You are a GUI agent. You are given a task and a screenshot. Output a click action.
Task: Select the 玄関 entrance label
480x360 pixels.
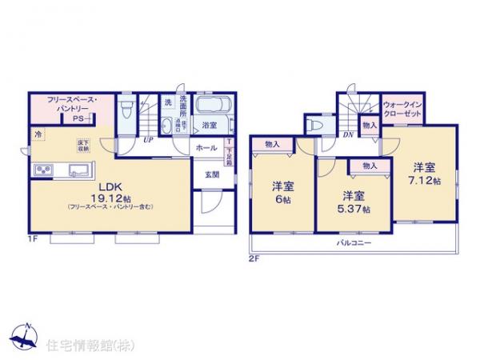point(211,175)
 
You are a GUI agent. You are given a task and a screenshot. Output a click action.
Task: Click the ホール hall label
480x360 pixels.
point(205,148)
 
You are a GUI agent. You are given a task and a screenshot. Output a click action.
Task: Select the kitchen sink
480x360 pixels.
point(81,170)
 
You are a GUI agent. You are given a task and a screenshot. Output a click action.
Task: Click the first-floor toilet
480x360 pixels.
point(126,108)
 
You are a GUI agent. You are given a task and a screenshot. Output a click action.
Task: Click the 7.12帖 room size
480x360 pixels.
point(424,181)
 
